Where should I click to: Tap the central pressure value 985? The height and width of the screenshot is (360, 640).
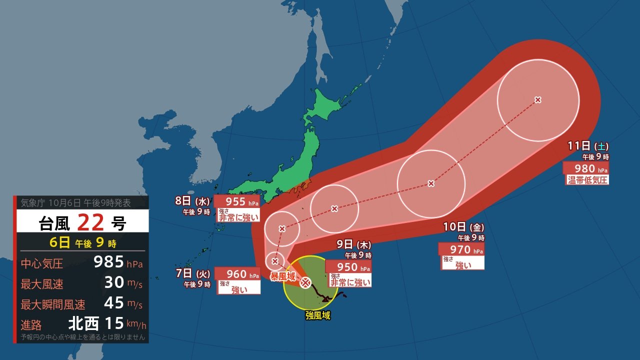108,262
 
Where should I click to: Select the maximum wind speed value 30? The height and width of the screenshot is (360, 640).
114,282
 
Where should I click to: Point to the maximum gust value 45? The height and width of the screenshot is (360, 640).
114,303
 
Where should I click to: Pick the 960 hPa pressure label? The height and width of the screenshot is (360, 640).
237,274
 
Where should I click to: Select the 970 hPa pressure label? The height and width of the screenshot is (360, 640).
460,249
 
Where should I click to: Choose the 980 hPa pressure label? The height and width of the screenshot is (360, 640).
585,168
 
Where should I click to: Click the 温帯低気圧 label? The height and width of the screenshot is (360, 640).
587,180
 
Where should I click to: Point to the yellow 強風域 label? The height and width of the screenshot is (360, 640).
318,315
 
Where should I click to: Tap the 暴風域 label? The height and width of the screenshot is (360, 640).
283,276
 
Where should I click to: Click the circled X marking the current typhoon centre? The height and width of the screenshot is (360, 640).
305,283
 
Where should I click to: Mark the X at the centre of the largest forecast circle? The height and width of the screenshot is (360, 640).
538,100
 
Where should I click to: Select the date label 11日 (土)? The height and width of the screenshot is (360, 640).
588,146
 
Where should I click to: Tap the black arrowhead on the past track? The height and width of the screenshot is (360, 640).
328,299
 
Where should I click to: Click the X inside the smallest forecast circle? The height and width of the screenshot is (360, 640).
275,261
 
